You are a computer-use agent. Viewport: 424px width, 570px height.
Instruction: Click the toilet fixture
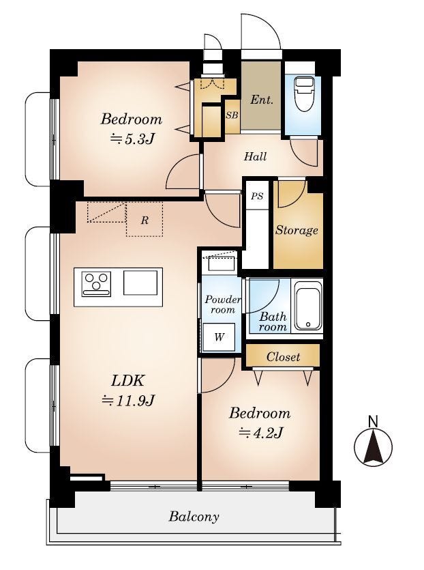[x=304, y=95]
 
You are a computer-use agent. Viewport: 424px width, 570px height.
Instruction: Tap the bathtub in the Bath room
[x=308, y=306]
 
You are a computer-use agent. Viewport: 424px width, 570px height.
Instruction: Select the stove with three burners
[x=96, y=284]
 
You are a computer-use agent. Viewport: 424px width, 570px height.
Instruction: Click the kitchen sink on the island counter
[x=140, y=283]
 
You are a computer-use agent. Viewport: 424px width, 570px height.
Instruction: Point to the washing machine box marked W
[x=219, y=337]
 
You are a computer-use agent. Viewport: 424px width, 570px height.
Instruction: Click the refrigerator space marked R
[x=145, y=220]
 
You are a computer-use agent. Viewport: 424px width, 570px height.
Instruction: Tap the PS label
[x=258, y=197]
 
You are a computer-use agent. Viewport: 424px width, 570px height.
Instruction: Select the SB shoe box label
[x=232, y=115]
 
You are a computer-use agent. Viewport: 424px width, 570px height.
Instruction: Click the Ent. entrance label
[x=261, y=100]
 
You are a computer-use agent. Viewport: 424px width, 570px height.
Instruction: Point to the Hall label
[x=255, y=157]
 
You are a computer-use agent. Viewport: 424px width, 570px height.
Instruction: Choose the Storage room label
[x=297, y=230]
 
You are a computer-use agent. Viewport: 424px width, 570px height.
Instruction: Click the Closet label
[x=283, y=356]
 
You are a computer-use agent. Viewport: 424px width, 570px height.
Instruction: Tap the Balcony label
[x=194, y=517]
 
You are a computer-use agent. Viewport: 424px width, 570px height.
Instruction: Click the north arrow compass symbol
[x=373, y=446]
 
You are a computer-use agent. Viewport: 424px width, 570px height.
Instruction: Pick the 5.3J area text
[x=133, y=138]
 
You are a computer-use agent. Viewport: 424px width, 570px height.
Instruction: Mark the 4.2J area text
[x=260, y=433]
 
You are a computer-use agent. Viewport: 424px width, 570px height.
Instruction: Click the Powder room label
[x=222, y=304]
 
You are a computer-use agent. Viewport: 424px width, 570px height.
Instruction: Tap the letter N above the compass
[x=373, y=422]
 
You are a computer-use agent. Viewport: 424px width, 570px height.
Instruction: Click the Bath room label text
[x=273, y=322]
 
